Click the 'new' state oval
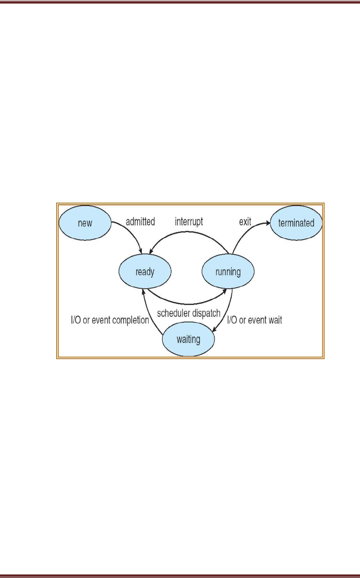click(85, 222)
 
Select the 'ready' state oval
click(145, 272)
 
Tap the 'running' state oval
click(228, 272)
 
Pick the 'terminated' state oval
click(296, 222)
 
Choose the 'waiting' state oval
click(188, 339)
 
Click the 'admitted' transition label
click(140, 222)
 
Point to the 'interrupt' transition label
click(189, 222)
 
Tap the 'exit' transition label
click(245, 222)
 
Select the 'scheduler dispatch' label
click(189, 314)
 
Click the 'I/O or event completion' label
click(110, 320)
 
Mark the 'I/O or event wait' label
click(254, 320)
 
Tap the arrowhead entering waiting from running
click(215, 329)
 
